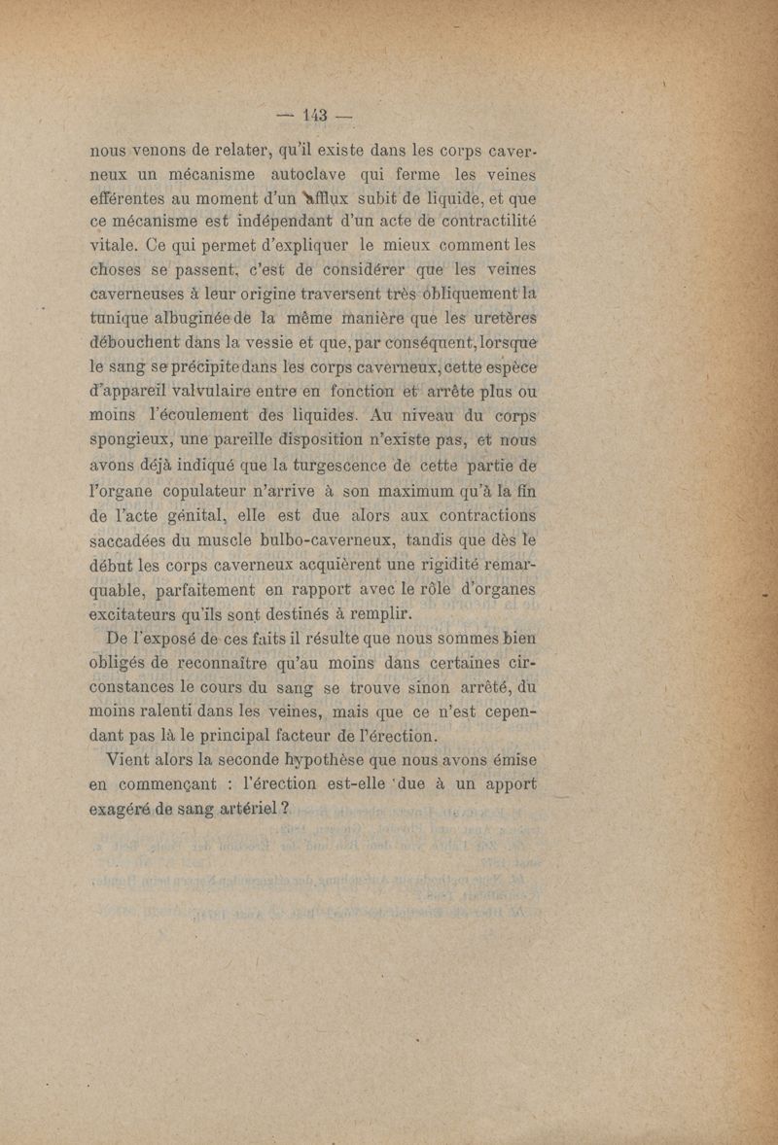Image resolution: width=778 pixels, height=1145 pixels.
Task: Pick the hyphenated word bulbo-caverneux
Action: tap(308, 541)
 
